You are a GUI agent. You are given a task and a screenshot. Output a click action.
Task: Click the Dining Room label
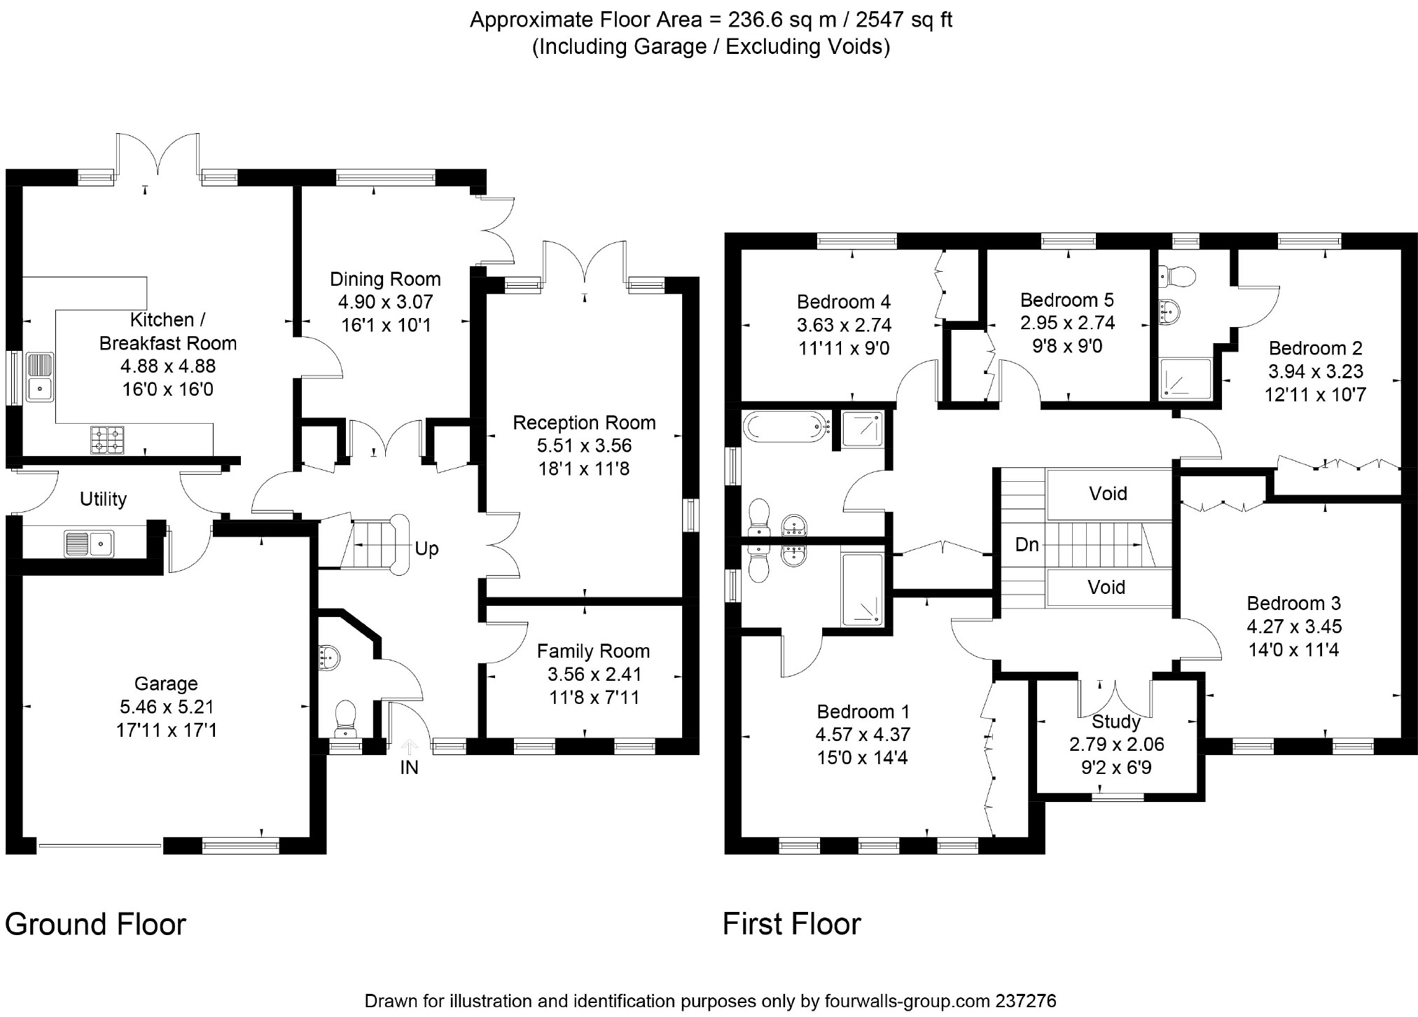click(385, 279)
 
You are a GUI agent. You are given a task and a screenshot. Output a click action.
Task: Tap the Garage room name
click(166, 684)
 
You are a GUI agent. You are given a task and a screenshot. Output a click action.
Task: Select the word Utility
click(103, 499)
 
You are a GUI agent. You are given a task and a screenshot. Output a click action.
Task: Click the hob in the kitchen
click(107, 438)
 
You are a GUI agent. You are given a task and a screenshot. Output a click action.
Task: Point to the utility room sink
click(89, 544)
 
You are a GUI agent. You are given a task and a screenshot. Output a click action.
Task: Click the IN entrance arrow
click(409, 748)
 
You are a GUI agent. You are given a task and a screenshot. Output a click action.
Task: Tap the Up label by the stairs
click(426, 548)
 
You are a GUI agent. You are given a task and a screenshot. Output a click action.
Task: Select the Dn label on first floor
click(1027, 544)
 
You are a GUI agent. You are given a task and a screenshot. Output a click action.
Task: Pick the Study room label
click(1116, 721)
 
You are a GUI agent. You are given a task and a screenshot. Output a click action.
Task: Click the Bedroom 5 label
click(1066, 300)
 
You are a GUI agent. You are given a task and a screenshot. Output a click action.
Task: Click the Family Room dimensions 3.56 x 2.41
click(593, 674)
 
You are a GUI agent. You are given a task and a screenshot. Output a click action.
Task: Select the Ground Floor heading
click(95, 925)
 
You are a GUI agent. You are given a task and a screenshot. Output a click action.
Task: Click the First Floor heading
click(791, 925)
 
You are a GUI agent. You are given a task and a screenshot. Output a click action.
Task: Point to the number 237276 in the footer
click(1026, 1001)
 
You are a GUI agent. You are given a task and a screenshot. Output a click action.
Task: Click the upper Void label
click(1108, 494)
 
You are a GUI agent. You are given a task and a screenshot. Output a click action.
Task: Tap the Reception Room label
click(584, 422)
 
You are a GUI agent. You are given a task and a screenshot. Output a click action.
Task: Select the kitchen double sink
click(40, 377)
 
